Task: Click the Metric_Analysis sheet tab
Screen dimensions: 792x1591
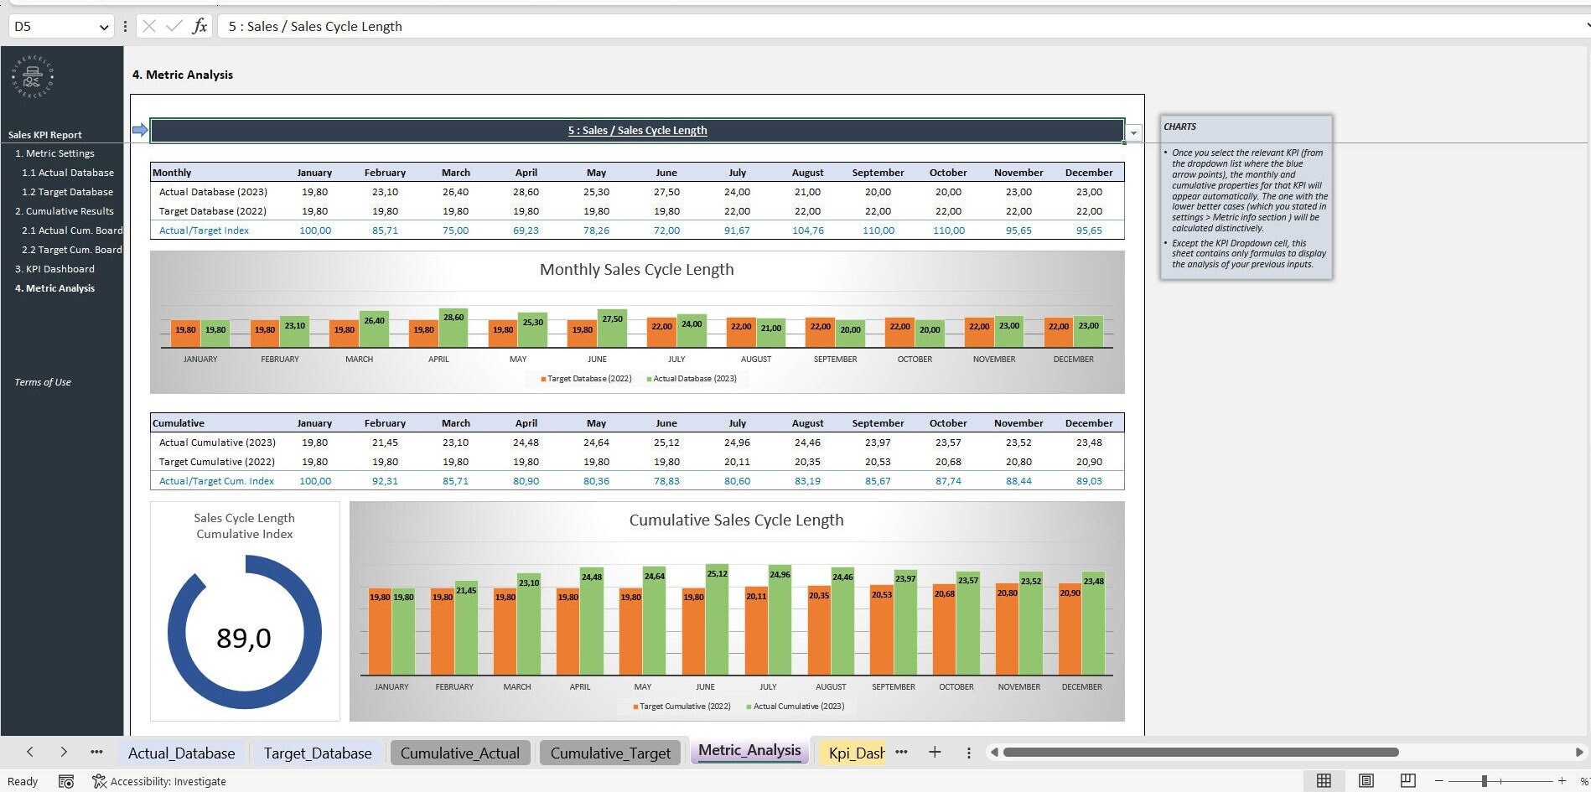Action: point(749,750)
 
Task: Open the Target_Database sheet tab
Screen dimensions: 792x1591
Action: point(317,753)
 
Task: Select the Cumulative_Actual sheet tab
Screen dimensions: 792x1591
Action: point(459,753)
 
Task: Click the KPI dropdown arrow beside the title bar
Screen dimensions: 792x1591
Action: point(1133,132)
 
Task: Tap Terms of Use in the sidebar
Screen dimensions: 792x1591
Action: point(43,382)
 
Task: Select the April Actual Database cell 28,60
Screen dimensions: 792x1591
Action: point(526,192)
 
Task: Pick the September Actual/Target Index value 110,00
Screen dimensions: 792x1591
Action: point(878,230)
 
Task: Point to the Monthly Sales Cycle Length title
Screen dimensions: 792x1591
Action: point(636,270)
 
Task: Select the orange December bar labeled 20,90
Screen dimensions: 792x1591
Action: point(1070,633)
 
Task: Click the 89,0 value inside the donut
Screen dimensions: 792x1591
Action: point(243,638)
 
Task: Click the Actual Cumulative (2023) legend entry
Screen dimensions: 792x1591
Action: point(797,707)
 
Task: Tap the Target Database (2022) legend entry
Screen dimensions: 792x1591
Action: point(588,379)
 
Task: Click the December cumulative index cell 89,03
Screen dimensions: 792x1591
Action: point(1088,481)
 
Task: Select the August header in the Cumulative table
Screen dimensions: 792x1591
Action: point(807,423)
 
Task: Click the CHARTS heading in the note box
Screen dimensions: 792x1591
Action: point(1179,127)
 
